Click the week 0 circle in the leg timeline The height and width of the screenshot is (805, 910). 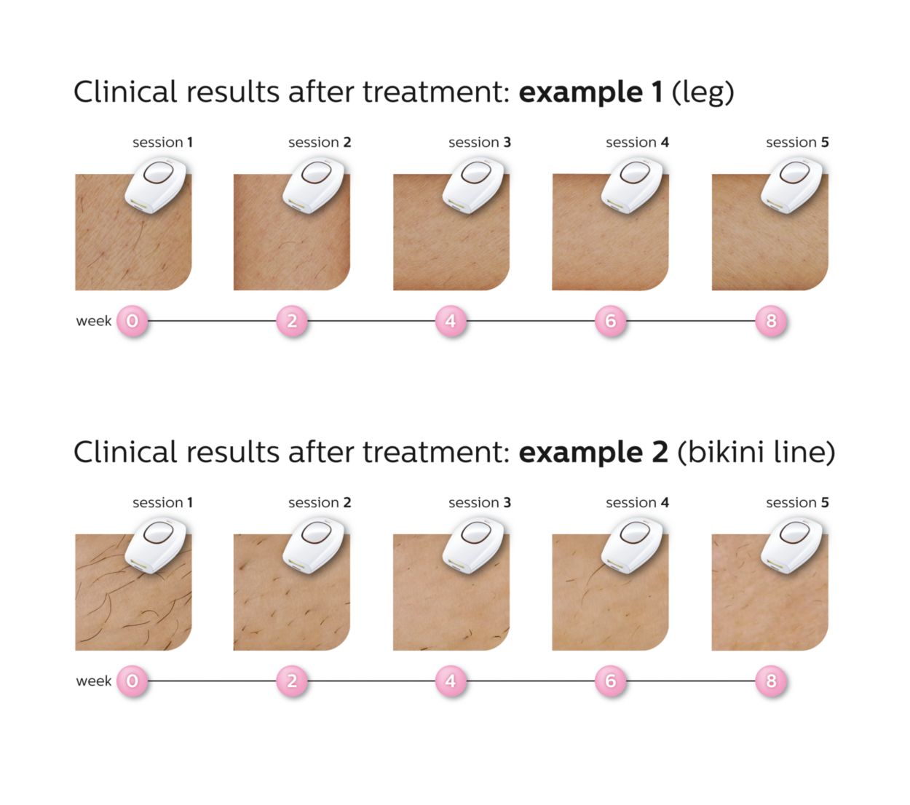pyautogui.click(x=132, y=321)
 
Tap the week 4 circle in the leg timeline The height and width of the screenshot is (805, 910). pyautogui.click(x=451, y=321)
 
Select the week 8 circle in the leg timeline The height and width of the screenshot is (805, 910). pyautogui.click(x=771, y=321)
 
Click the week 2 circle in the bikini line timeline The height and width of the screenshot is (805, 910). pyautogui.click(x=292, y=681)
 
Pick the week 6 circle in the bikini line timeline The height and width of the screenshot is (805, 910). pyautogui.click(x=610, y=681)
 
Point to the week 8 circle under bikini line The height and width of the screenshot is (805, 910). pyautogui.click(x=771, y=681)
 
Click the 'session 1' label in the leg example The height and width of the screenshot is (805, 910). pyautogui.click(x=162, y=143)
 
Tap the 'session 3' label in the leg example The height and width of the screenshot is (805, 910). pyautogui.click(x=479, y=143)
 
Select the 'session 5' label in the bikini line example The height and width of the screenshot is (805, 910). pyautogui.click(x=796, y=503)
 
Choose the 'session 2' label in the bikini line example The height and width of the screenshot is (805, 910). pyautogui.click(x=320, y=503)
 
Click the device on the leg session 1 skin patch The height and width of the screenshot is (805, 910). pyautogui.click(x=156, y=186)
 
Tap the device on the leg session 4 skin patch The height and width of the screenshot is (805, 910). pyautogui.click(x=632, y=186)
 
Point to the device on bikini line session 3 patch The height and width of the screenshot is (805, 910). pyautogui.click(x=473, y=546)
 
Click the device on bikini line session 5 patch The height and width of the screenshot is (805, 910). pyautogui.click(x=792, y=546)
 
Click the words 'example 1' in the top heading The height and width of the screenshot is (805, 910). pyautogui.click(x=590, y=92)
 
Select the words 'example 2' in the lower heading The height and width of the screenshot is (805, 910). pyautogui.click(x=593, y=453)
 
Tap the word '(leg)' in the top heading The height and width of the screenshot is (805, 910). pyautogui.click(x=703, y=93)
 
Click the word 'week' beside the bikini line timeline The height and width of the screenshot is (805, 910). pyautogui.click(x=94, y=681)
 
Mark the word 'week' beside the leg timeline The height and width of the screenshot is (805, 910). pyautogui.click(x=94, y=321)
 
